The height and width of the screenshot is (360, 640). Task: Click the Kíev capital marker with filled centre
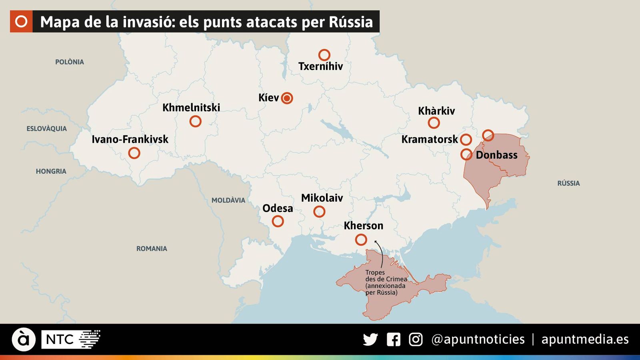coord(287,98)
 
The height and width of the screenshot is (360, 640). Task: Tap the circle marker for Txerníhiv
coord(324,55)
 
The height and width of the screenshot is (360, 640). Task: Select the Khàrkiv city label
coord(436,111)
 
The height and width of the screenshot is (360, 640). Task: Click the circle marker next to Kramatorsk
coord(466,140)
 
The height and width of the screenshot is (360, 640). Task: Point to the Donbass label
coord(496,155)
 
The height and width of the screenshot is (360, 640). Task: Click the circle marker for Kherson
coord(361,240)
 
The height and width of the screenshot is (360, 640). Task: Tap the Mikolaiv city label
coord(322,198)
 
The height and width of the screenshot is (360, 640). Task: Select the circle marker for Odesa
coord(278,221)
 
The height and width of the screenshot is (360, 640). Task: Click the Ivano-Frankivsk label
coord(130,139)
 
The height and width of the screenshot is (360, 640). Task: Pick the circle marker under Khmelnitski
coord(195,121)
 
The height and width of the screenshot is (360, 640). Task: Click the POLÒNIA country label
coord(70,62)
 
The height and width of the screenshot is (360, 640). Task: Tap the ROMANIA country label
coord(152,249)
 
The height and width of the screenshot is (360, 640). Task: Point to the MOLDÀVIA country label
coord(228,200)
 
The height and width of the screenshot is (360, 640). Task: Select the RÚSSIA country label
coord(568,183)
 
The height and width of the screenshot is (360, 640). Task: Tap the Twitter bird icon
coord(370,340)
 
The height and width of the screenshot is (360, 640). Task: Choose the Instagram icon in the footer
coord(416,340)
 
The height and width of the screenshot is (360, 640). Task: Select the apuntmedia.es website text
coord(585,340)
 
